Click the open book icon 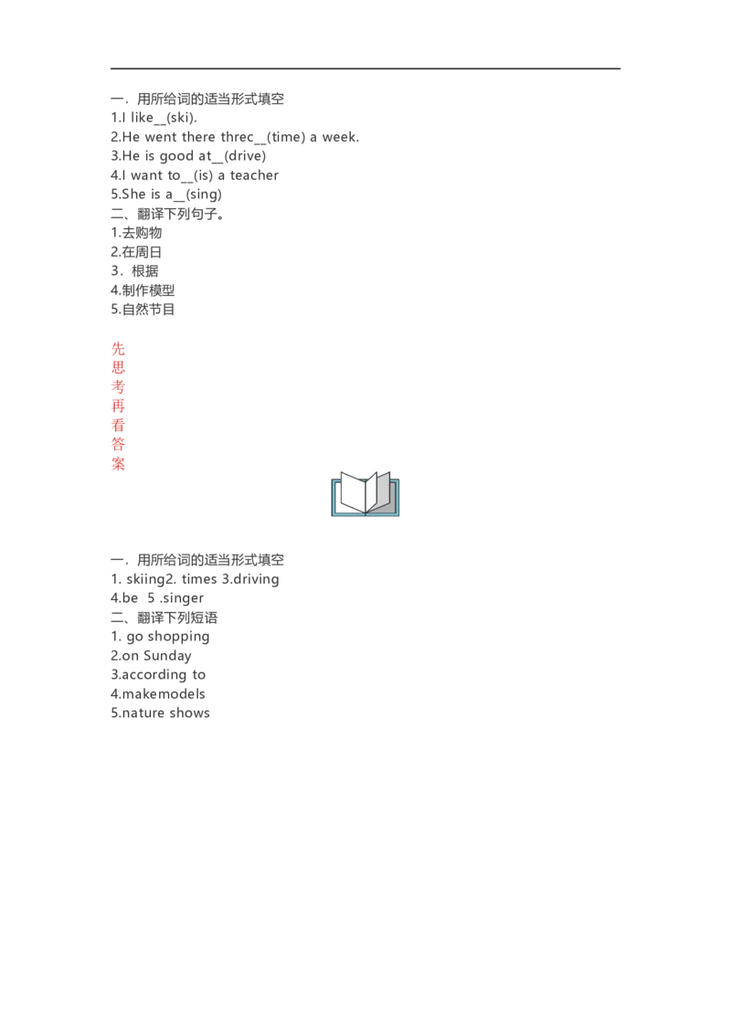pyautogui.click(x=365, y=493)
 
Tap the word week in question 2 pyautogui.click(x=341, y=137)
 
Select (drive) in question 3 pyautogui.click(x=245, y=156)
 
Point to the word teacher pyautogui.click(x=254, y=175)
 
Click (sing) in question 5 pyautogui.click(x=204, y=195)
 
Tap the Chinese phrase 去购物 pyautogui.click(x=142, y=233)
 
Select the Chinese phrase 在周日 pyautogui.click(x=142, y=252)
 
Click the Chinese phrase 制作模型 pyautogui.click(x=148, y=290)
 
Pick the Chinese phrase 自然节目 pyautogui.click(x=148, y=310)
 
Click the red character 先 pyautogui.click(x=118, y=348)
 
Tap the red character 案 pyautogui.click(x=118, y=464)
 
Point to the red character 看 pyautogui.click(x=118, y=426)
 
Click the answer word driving pyautogui.click(x=256, y=580)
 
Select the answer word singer pyautogui.click(x=182, y=599)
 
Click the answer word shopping pyautogui.click(x=179, y=637)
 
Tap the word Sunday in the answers pyautogui.click(x=167, y=656)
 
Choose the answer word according pyautogui.click(x=154, y=675)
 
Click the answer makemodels pyautogui.click(x=164, y=694)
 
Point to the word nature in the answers pyautogui.click(x=143, y=713)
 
